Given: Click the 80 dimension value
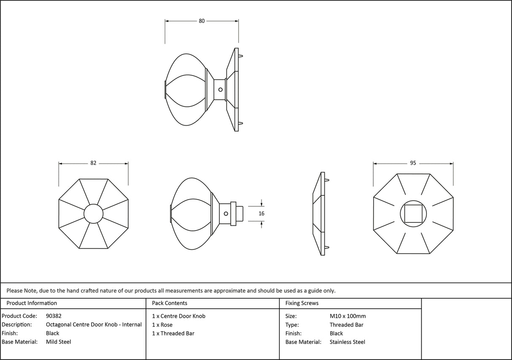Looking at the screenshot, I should pyautogui.click(x=202, y=21).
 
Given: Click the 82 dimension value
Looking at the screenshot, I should pyautogui.click(x=93, y=163).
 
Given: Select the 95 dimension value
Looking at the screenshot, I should pyautogui.click(x=413, y=163).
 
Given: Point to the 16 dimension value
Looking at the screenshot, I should pyautogui.click(x=261, y=214).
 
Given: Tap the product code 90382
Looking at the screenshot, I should pyautogui.click(x=54, y=316).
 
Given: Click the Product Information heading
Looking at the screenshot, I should pyautogui.click(x=32, y=303).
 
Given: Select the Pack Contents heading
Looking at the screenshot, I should pyautogui.click(x=170, y=303).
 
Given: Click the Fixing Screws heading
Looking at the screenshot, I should pyautogui.click(x=302, y=303).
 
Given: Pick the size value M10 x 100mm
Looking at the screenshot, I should pyautogui.click(x=348, y=316).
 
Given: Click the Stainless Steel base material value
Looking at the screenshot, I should pyautogui.click(x=348, y=342).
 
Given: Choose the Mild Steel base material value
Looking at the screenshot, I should pyautogui.click(x=59, y=342).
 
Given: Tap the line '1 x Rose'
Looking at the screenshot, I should pyautogui.click(x=162, y=325).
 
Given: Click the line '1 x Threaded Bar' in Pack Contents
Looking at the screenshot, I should pyautogui.click(x=173, y=333).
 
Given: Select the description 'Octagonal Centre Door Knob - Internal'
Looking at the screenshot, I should pyautogui.click(x=94, y=325).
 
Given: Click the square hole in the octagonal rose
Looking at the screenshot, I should pyautogui.click(x=413, y=214).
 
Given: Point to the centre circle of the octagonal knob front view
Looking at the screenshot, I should pyautogui.click(x=93, y=214).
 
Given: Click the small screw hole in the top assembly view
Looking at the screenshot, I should pyautogui.click(x=220, y=89).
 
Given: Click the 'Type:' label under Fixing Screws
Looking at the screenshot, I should pyautogui.click(x=292, y=325).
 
